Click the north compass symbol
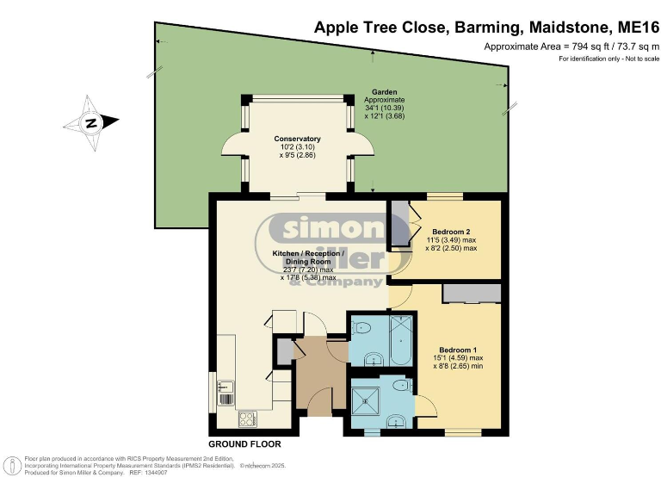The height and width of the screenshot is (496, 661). click(90, 123)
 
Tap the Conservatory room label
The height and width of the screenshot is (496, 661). click(297, 139)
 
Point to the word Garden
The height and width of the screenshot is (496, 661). click(383, 91)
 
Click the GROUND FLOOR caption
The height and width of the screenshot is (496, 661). click(244, 444)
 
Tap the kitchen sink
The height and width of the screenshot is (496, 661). click(225, 393)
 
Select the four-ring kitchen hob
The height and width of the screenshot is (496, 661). click(247, 419)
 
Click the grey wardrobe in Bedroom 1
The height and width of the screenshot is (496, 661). click(472, 294)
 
